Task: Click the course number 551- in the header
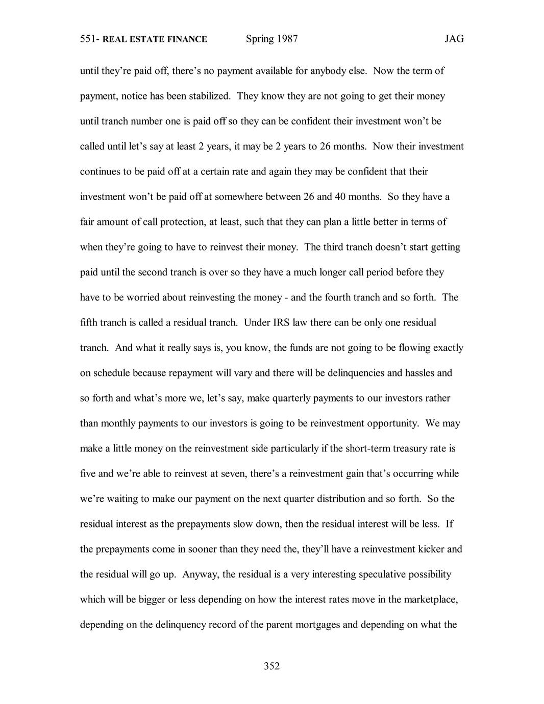(x=90, y=39)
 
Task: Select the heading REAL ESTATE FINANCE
(x=155, y=39)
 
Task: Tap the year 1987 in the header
(x=287, y=39)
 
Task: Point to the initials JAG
(x=454, y=39)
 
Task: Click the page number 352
(x=271, y=666)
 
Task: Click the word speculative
(x=387, y=574)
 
